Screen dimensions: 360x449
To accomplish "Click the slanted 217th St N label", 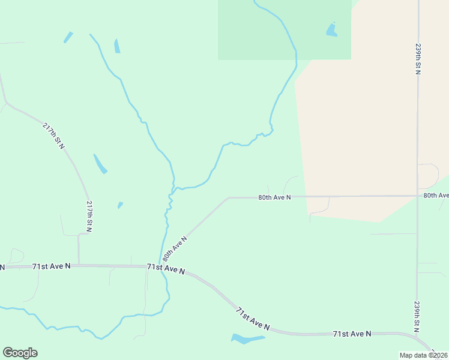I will click(53, 136).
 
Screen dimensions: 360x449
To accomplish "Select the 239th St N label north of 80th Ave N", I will click(418, 58).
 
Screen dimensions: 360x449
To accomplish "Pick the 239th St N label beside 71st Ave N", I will click(416, 316).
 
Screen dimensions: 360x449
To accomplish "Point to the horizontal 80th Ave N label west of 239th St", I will click(274, 197).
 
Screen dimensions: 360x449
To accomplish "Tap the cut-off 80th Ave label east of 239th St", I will click(436, 195).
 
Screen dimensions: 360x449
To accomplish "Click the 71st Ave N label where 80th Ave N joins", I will click(165, 269).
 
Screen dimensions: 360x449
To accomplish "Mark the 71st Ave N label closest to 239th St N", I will click(352, 333).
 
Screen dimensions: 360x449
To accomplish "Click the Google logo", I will click(20, 353).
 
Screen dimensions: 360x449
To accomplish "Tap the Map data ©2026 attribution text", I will click(424, 355).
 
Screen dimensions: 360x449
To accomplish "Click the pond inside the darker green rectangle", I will click(331, 29).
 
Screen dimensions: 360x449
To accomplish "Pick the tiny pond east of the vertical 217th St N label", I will click(120, 205).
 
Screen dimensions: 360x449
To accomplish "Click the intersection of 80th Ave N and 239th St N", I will click(417, 196).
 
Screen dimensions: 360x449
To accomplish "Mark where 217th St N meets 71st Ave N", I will click(79, 265).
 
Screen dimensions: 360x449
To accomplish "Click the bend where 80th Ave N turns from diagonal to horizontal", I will click(228, 197).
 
